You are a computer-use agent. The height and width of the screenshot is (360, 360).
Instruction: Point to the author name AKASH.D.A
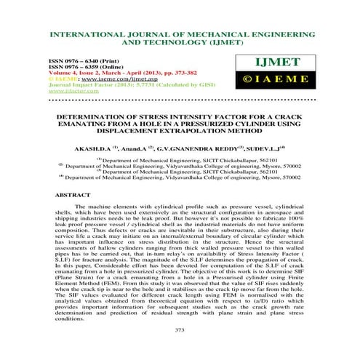point(88,146)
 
